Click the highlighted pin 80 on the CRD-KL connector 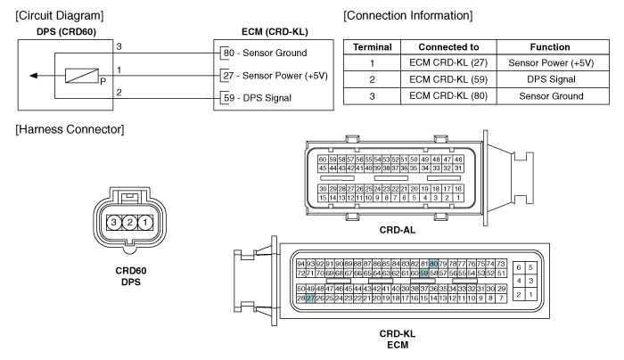(x=433, y=264)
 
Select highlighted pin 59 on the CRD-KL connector (x=423, y=274)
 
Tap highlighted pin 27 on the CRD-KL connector (x=310, y=299)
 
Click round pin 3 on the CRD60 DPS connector (x=114, y=222)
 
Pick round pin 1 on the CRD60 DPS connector (x=145, y=222)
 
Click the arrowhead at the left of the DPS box (x=34, y=76)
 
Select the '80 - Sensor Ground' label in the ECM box (x=265, y=53)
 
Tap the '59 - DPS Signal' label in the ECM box (x=258, y=98)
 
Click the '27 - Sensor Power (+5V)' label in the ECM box (x=275, y=76)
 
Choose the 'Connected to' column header (x=448, y=47)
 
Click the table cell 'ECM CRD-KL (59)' (x=448, y=79)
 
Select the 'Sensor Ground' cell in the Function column (x=551, y=96)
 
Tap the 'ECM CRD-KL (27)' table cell (x=448, y=63)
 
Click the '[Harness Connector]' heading (x=70, y=130)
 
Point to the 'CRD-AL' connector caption (x=398, y=230)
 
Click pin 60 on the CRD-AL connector (x=323, y=160)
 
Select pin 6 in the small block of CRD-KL (x=519, y=267)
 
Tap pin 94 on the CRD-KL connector (x=301, y=264)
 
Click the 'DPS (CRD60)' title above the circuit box (x=67, y=32)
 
